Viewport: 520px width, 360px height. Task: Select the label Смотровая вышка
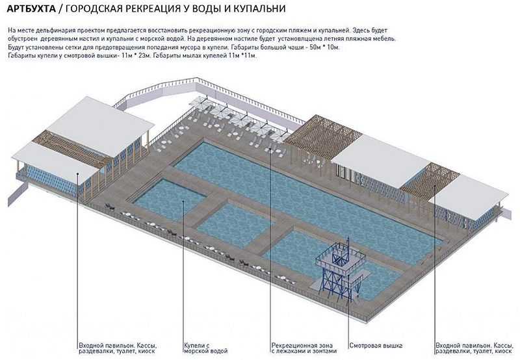[376, 344]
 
